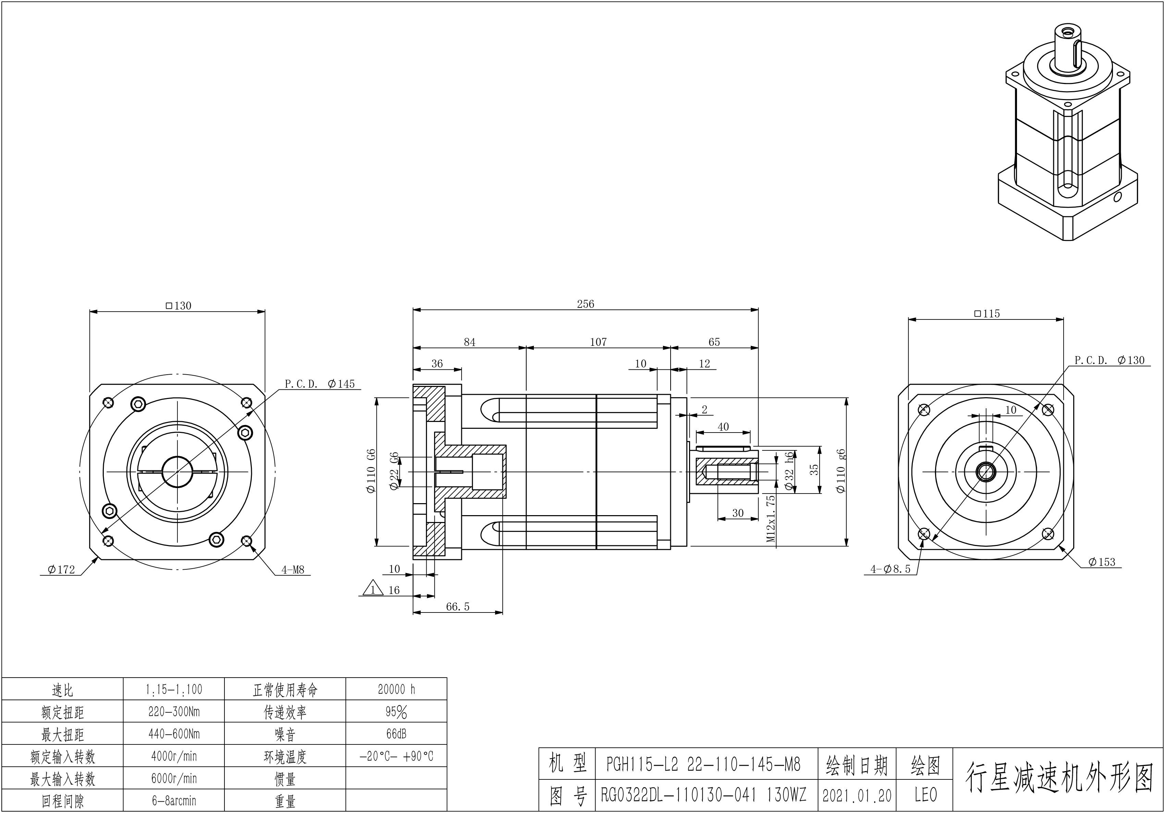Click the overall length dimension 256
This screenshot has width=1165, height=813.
click(x=585, y=304)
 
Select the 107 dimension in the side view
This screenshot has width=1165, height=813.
click(x=598, y=342)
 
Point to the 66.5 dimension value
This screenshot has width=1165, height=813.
click(x=458, y=606)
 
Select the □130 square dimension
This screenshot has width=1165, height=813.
click(x=178, y=305)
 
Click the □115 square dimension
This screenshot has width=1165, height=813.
click(x=987, y=314)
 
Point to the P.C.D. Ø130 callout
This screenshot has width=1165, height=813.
click(x=1109, y=360)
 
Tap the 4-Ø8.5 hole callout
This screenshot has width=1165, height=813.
click(x=891, y=569)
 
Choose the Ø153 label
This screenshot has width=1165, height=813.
click(x=1102, y=562)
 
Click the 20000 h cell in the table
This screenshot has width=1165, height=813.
click(x=396, y=689)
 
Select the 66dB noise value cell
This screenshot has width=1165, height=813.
click(x=396, y=734)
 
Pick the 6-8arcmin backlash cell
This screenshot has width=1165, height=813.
click(x=173, y=800)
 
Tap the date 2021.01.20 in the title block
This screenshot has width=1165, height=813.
click(x=857, y=795)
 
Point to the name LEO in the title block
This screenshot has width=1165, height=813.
click(x=925, y=795)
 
